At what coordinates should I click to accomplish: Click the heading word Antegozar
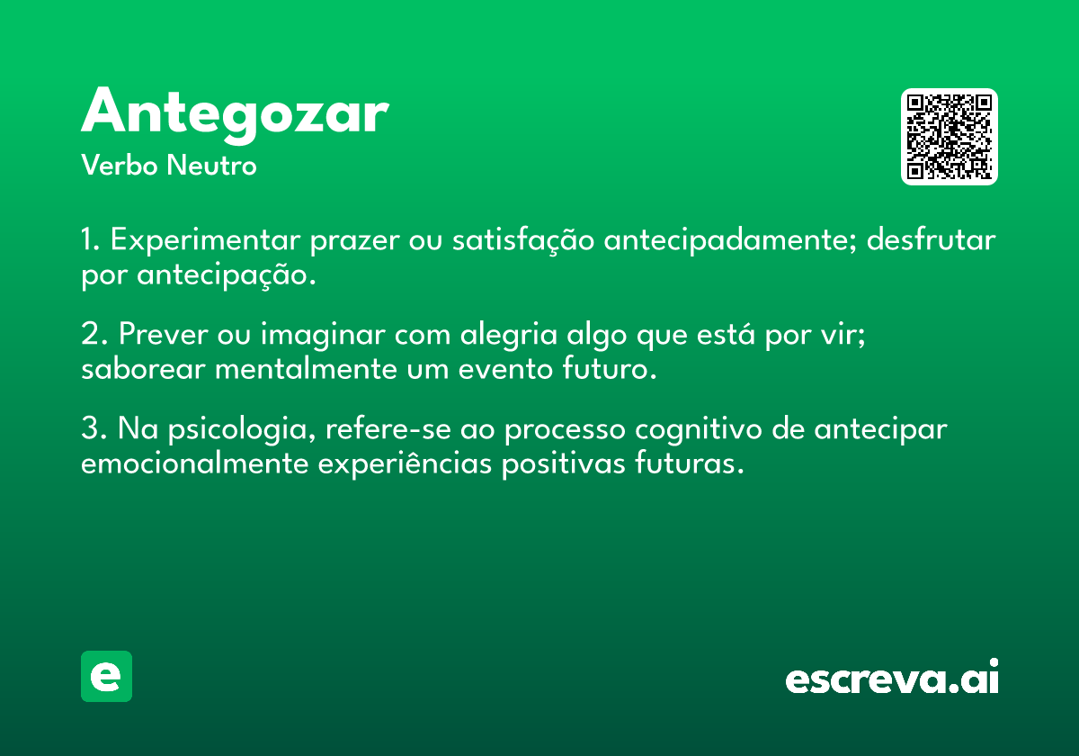(235, 115)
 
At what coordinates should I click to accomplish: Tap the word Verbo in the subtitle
(120, 166)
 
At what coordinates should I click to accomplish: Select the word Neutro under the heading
(211, 166)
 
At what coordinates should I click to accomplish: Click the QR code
(949, 137)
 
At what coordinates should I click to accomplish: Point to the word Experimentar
(206, 240)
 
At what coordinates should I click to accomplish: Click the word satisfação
(523, 240)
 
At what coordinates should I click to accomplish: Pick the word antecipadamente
(731, 240)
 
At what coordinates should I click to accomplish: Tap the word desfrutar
(932, 239)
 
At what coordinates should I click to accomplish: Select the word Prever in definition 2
(164, 334)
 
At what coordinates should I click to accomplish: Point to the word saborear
(144, 369)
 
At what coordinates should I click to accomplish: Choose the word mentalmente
(306, 369)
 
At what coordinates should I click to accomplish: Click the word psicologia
(242, 429)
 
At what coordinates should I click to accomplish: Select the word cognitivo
(699, 429)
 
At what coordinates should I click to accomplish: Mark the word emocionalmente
(194, 463)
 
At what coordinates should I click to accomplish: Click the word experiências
(405, 464)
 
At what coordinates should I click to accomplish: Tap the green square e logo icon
(106, 676)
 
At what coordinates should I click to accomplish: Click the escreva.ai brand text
(892, 677)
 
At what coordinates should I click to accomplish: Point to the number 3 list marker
(94, 427)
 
